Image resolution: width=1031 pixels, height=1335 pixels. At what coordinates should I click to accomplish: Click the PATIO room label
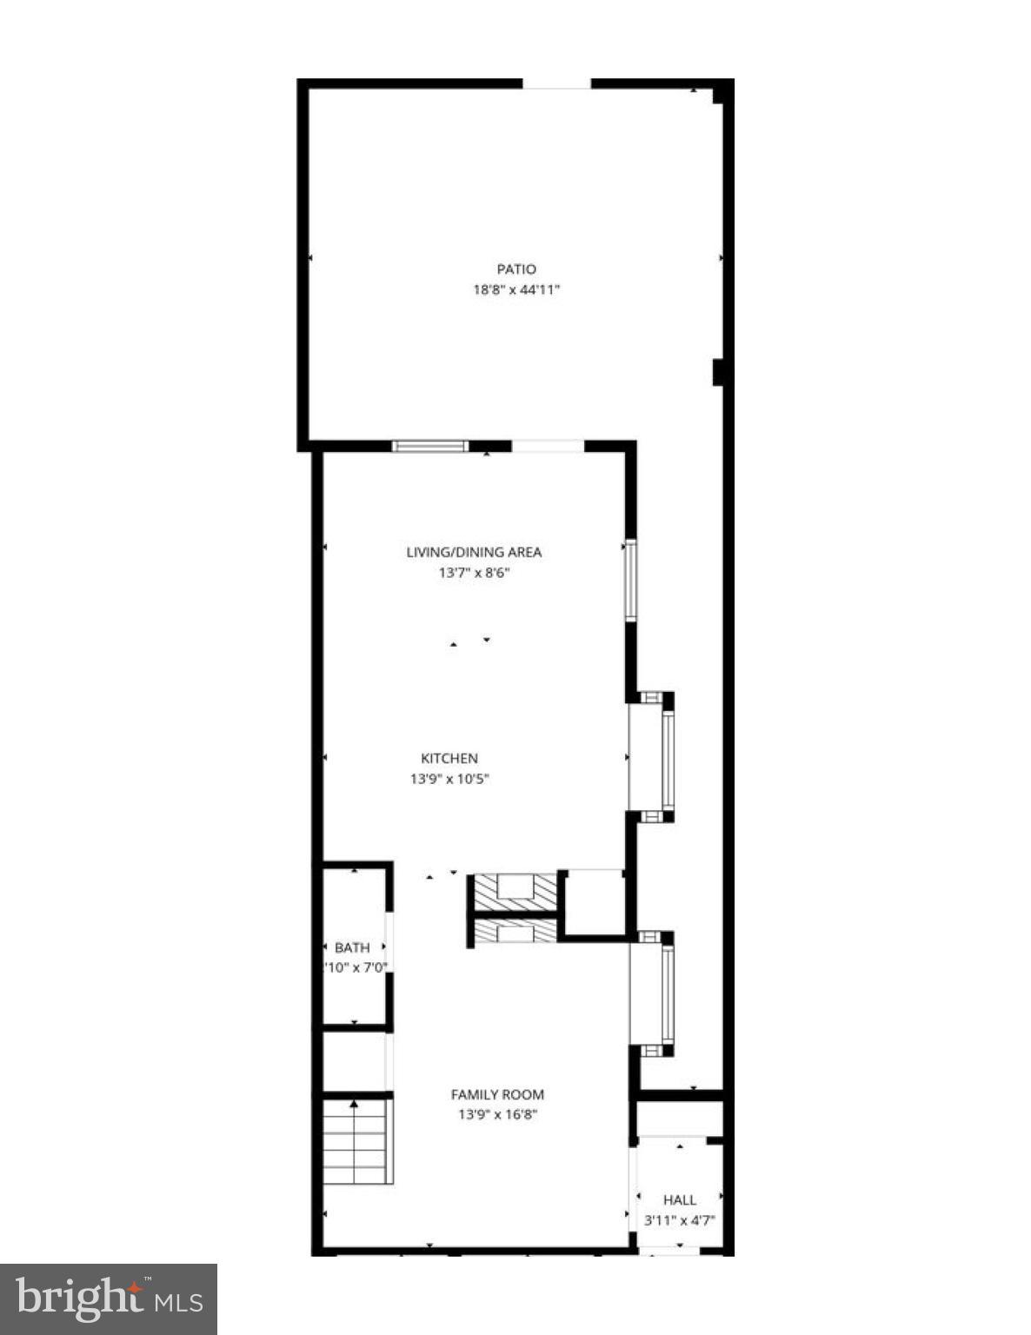coord(516,269)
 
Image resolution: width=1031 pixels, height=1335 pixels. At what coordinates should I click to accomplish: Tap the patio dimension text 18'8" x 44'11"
coord(516,290)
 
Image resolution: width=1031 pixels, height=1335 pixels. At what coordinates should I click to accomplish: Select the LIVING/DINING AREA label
coord(474,552)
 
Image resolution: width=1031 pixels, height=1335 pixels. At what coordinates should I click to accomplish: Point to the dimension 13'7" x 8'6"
coord(474,573)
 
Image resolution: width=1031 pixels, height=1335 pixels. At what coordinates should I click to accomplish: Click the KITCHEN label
coord(449,759)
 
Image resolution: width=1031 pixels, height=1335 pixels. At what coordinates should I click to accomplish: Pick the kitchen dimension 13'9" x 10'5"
coord(449,780)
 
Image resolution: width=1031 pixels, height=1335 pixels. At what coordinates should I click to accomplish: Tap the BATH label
coord(352,947)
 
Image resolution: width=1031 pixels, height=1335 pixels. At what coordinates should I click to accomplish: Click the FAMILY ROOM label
coord(497,1095)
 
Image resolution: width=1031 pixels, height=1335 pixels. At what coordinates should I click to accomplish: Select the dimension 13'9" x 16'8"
coord(497,1115)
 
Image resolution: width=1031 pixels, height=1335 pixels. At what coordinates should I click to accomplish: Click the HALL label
coord(679,1199)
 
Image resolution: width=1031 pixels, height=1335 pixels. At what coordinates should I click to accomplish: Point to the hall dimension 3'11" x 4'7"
coord(679,1220)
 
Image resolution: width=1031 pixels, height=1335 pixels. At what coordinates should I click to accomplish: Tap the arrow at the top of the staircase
coord(355,1105)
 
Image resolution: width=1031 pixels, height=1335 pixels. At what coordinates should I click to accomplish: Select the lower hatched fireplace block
coord(513,933)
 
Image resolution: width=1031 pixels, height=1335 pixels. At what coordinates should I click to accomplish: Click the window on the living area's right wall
coord(630,580)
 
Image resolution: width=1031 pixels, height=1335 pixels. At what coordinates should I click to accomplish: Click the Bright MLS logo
coord(109,1299)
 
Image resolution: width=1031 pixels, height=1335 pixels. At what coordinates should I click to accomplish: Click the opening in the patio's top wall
coord(557,84)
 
